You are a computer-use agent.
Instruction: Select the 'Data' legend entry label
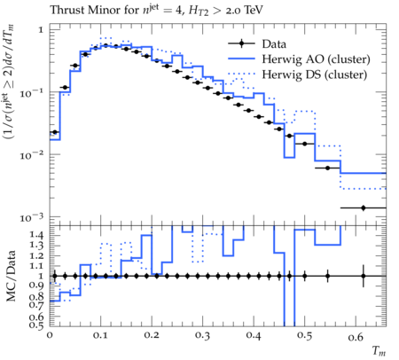pyautogui.click(x=274, y=44)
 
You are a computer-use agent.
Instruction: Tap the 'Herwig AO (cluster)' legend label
pyautogui.click(x=316, y=59)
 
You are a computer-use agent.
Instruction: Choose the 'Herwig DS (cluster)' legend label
pyautogui.click(x=315, y=74)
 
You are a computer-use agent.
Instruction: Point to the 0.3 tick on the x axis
pyautogui.click(x=203, y=335)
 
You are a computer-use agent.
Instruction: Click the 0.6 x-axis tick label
pyautogui.click(x=356, y=337)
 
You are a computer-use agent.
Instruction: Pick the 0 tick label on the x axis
pyautogui.click(x=50, y=334)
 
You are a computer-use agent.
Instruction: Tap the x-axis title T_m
pyautogui.click(x=379, y=351)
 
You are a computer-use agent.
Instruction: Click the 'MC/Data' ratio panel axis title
pyautogui.click(x=11, y=276)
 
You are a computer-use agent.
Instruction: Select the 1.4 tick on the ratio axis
pyautogui.click(x=36, y=235)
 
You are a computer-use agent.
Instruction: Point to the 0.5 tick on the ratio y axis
pyautogui.click(x=36, y=325)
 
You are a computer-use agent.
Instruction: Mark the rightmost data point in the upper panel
pyautogui.click(x=364, y=207)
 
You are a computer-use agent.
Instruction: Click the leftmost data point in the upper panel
pyautogui.click(x=55, y=132)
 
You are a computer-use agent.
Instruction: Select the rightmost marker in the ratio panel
pyautogui.click(x=364, y=276)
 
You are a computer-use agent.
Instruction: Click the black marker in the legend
pyautogui.click(x=241, y=43)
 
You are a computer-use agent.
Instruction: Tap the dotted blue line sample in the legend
pyautogui.click(x=241, y=74)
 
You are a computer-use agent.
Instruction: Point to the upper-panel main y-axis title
pyautogui.click(x=9, y=82)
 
